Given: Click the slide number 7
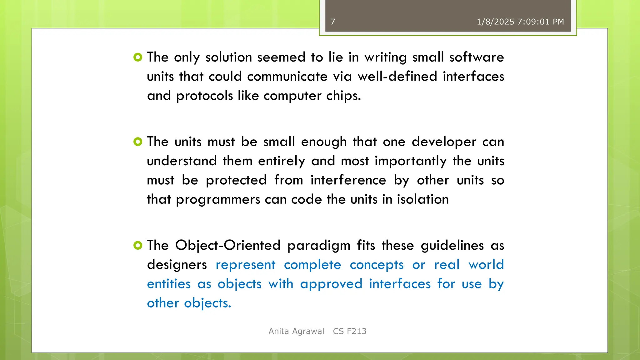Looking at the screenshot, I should pos(333,22).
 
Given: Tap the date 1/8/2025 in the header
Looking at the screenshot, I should pos(495,22).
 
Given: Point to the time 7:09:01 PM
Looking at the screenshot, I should pos(541,22).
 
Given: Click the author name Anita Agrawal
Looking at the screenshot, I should pos(296,331).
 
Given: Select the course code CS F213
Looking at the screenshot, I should pos(350,331).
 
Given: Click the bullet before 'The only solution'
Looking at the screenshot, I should pos(138,57).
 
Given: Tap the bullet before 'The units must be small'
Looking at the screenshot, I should pos(138,142).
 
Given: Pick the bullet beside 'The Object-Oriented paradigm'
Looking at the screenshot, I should pos(138,245).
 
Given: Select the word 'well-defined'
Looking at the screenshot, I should pos(397,77).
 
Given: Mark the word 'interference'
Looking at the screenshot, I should pos(348,180).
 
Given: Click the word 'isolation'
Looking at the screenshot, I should pos(423,199).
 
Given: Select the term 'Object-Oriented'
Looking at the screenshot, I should pos(228,246).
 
